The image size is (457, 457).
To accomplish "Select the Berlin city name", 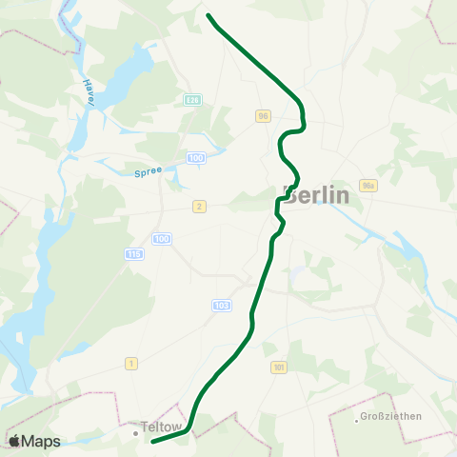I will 317,195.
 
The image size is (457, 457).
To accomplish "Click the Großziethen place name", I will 390,417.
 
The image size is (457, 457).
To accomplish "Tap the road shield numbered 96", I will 263,115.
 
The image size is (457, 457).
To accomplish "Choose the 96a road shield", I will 369,187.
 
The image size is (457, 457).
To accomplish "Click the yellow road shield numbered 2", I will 199,206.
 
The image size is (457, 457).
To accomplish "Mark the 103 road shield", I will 222,306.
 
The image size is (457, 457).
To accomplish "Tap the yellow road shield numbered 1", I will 131,364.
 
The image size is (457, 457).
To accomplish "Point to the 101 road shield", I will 278,368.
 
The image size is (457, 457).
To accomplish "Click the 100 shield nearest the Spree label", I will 197,157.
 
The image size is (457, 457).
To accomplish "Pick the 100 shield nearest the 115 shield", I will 162,238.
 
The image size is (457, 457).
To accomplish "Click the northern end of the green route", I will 208,14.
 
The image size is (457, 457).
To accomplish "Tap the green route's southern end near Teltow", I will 152,442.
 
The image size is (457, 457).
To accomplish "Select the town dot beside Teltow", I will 135,430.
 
